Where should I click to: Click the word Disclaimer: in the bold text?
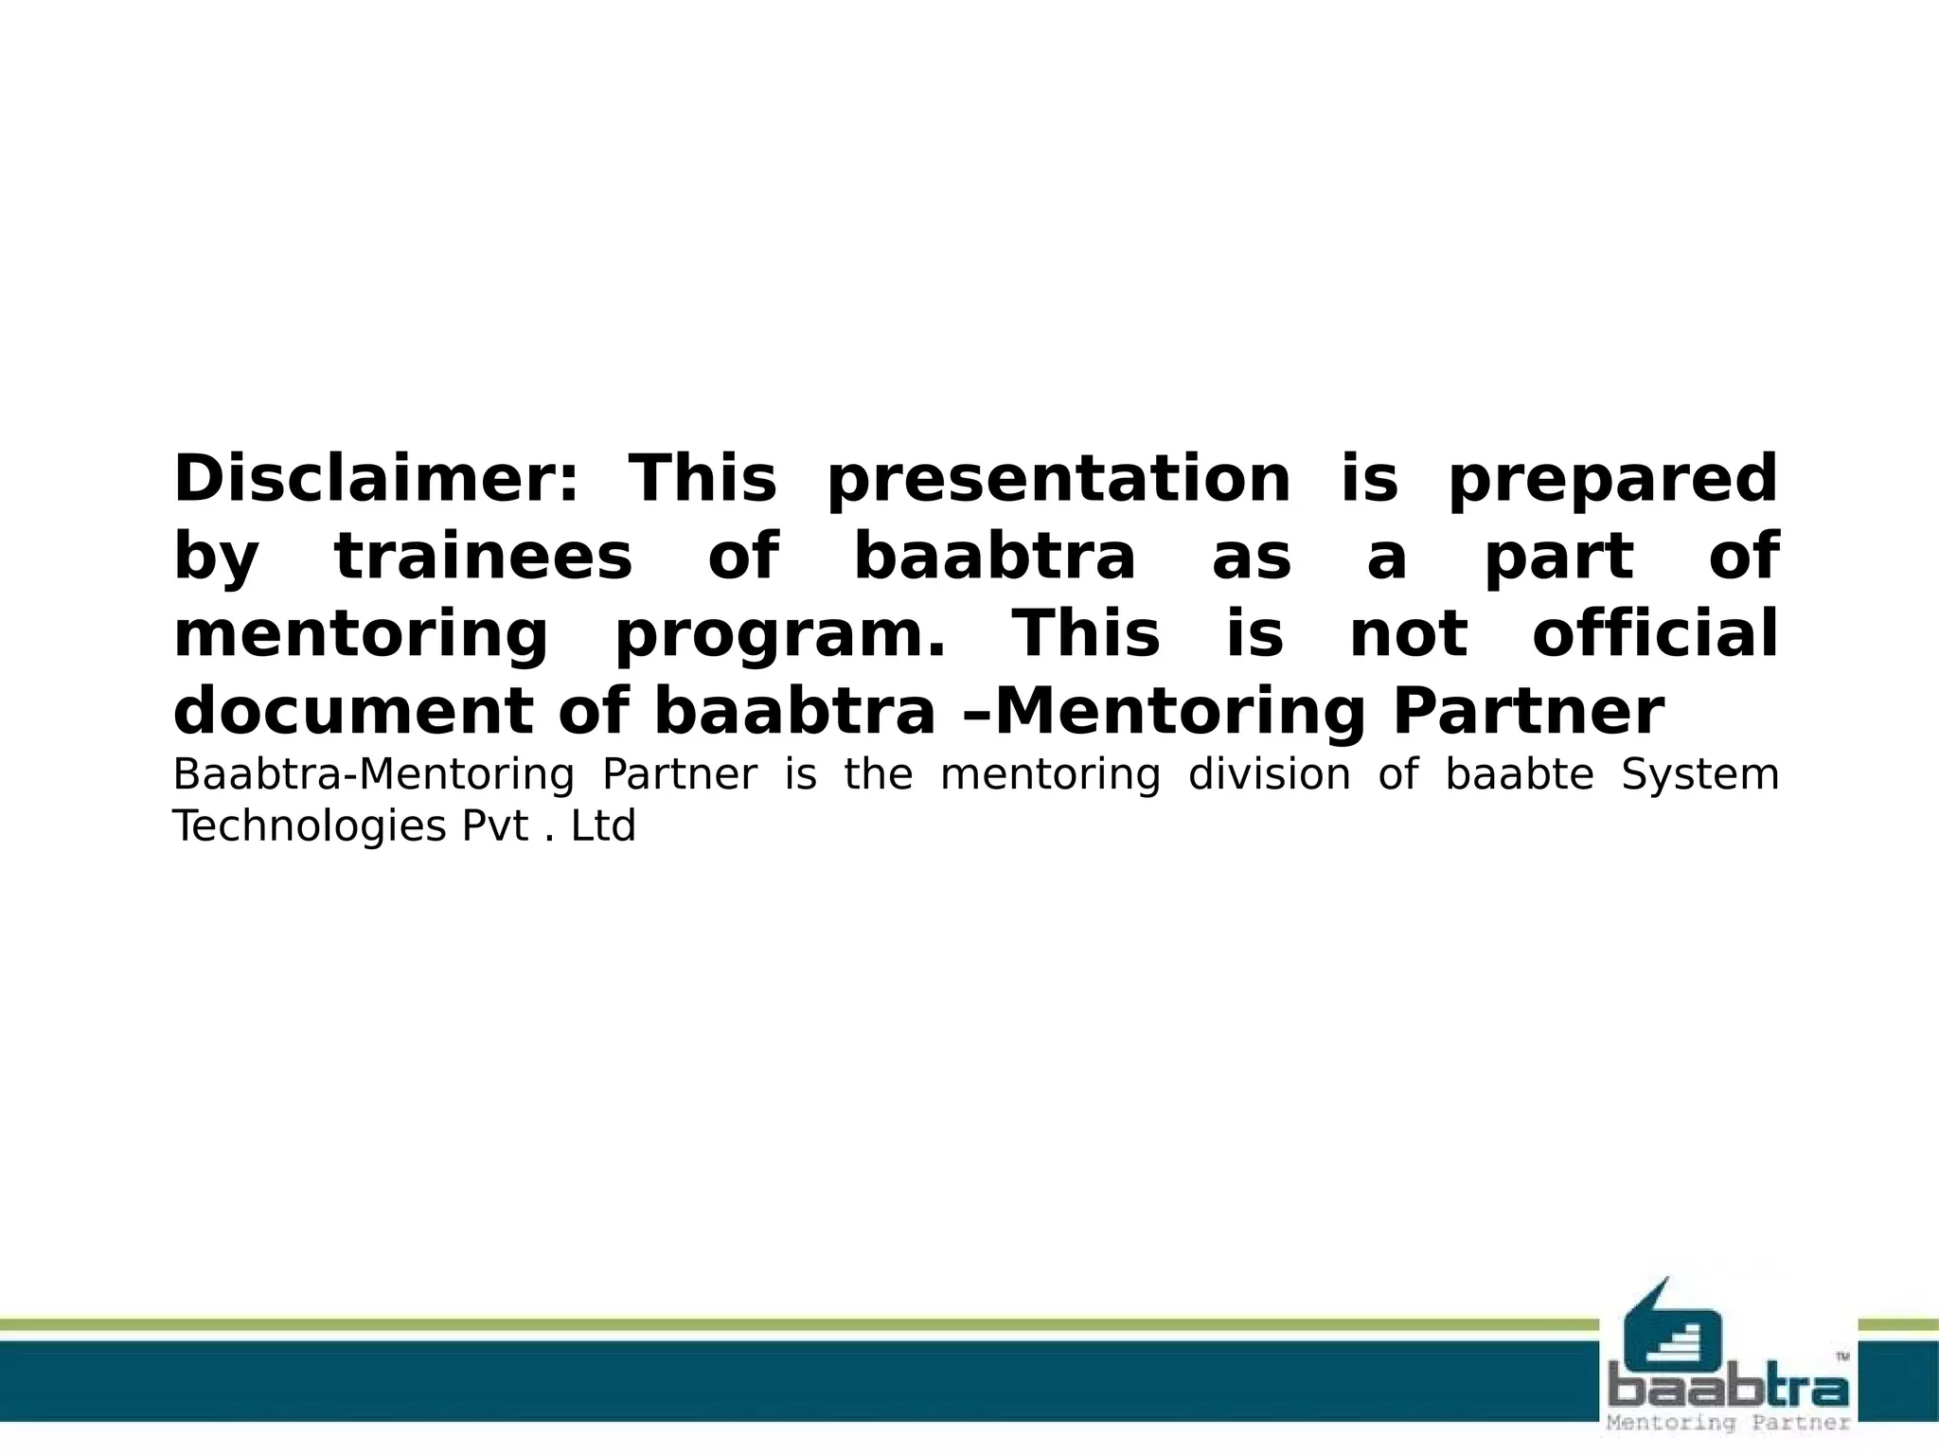pyautogui.click(x=375, y=479)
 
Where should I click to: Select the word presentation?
pyautogui.click(x=1058, y=481)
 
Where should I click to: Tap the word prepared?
pyautogui.click(x=1612, y=481)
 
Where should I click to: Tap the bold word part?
pyautogui.click(x=1558, y=559)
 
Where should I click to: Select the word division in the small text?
pyautogui.click(x=1269, y=774)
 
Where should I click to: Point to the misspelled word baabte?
pyautogui.click(x=1520, y=774)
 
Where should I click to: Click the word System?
pyautogui.click(x=1699, y=774)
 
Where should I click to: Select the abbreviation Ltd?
pyautogui.click(x=603, y=826)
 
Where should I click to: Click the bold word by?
pyautogui.click(x=216, y=559)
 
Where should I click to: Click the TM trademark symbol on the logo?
pyautogui.click(x=1842, y=1356)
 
